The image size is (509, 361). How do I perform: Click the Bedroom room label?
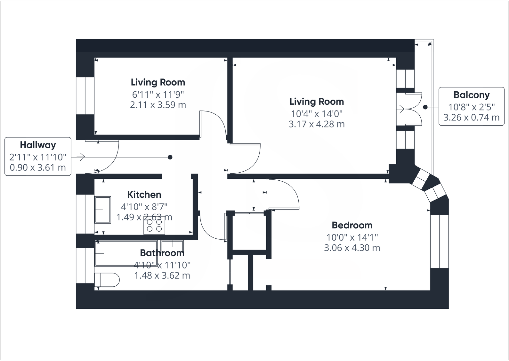click(x=352, y=225)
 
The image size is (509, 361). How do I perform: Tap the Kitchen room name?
click(x=144, y=194)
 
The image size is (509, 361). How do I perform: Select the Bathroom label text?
click(x=162, y=253)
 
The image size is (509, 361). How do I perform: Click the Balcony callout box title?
click(x=471, y=95)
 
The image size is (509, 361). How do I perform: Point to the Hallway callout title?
click(x=38, y=145)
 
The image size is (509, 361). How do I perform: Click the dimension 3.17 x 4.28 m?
click(x=316, y=124)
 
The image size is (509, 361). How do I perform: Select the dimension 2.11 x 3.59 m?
click(x=158, y=105)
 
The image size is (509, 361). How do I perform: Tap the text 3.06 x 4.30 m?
click(x=352, y=248)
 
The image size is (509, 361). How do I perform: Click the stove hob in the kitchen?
click(x=154, y=225)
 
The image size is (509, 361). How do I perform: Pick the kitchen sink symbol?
click(x=102, y=210)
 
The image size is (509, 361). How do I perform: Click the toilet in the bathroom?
click(x=107, y=280)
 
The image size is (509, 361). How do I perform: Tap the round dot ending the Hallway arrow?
click(x=170, y=157)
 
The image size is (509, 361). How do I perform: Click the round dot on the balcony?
click(x=425, y=107)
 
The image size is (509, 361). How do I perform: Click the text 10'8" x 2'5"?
click(x=471, y=107)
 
